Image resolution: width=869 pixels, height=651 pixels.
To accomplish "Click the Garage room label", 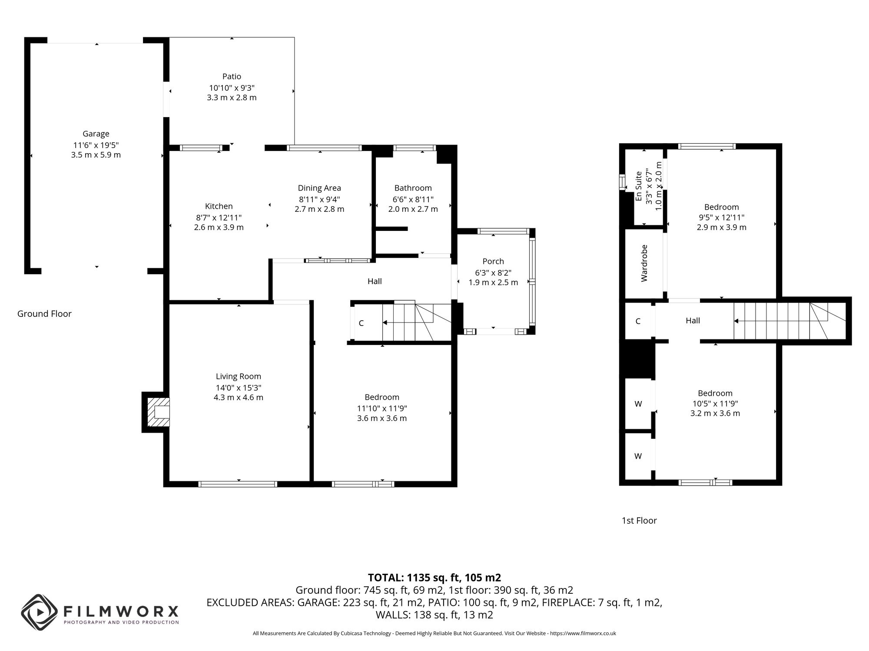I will point(96,134).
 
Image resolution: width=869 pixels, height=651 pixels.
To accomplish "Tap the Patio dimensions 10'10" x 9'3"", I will point(232,87).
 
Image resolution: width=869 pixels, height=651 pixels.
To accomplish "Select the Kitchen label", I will point(219,206).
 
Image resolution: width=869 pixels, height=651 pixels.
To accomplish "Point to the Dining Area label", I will point(319,188).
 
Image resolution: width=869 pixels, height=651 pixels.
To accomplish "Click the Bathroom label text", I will point(413,188).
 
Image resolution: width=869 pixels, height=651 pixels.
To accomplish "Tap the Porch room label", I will point(493,261).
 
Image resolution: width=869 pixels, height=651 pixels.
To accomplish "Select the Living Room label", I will point(239,376).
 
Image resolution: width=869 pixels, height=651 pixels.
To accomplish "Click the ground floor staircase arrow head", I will point(385,322).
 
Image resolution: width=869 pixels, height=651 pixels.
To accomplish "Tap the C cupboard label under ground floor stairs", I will point(361,323).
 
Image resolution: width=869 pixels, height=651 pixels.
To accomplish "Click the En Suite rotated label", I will point(639,187).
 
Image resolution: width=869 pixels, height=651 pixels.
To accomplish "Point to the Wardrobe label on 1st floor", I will point(644,263).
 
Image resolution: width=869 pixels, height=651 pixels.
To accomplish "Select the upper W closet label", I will point(638,404).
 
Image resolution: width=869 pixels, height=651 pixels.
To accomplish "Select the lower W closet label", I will point(638,456).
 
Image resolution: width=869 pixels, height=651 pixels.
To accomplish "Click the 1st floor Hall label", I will point(693,321).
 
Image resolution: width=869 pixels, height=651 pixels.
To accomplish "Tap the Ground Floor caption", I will point(44,314).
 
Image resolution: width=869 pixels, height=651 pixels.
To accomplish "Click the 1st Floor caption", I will point(639,520).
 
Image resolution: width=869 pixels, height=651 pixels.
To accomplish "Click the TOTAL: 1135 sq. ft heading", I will point(434,578).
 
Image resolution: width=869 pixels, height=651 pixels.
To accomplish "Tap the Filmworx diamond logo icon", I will point(40,612).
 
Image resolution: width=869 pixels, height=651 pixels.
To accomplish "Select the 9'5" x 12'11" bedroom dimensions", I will point(721,217).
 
